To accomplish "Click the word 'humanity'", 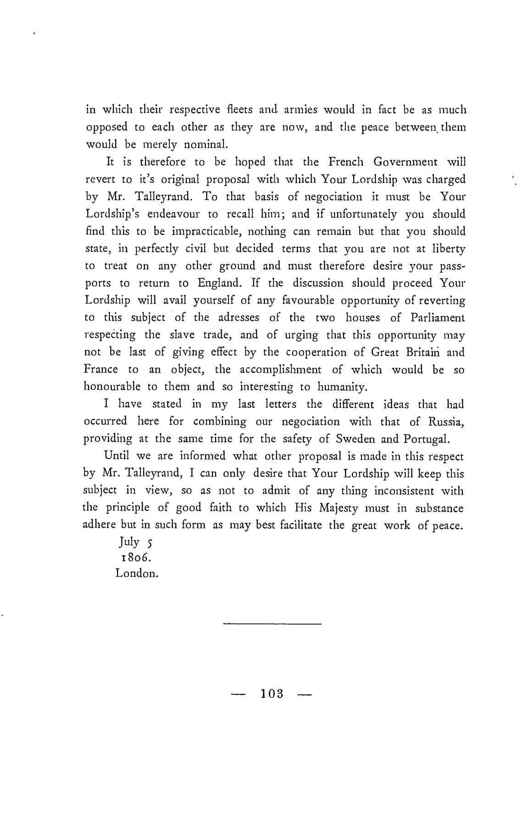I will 343,387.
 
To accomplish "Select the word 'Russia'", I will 447,422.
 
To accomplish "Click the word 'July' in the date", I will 129,542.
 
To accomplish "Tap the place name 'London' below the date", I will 137,574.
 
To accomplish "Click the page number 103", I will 273,694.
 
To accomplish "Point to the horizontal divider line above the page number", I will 273,624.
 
